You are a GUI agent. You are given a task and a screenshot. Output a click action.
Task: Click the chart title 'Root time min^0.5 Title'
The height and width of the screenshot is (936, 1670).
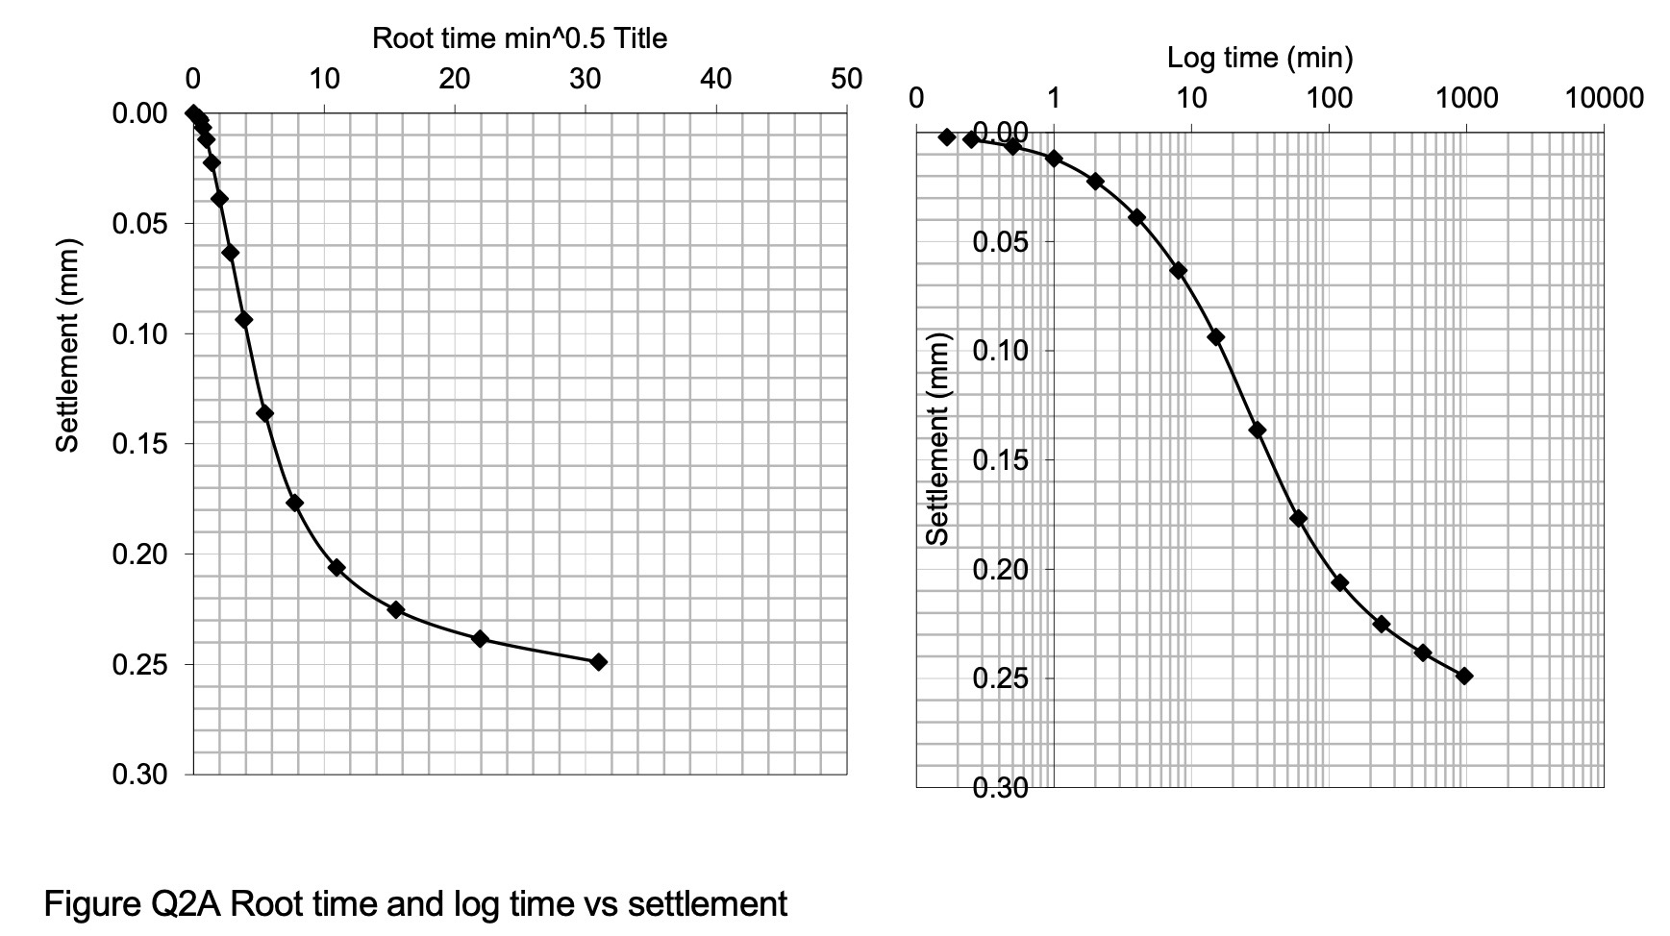519,38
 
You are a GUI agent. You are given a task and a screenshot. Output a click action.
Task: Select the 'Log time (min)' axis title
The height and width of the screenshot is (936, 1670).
1259,59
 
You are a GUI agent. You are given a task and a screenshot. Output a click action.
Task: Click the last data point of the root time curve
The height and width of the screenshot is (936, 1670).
598,661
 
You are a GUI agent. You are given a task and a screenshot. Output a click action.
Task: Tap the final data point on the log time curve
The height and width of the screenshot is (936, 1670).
1464,676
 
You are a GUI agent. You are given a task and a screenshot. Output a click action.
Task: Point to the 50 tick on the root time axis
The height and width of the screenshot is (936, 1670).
846,80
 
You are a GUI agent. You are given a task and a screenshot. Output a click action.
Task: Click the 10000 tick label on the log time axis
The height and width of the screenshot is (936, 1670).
1604,98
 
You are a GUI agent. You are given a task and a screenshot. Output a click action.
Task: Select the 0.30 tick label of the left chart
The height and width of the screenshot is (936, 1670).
139,775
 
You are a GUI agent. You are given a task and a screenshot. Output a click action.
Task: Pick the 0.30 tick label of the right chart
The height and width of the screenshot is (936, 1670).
1000,789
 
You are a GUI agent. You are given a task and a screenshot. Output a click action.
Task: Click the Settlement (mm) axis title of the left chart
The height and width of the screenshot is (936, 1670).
66,343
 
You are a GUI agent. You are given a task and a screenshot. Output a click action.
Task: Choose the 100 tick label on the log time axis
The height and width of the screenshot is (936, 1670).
1329,98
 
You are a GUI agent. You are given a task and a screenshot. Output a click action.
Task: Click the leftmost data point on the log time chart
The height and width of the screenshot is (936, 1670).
947,136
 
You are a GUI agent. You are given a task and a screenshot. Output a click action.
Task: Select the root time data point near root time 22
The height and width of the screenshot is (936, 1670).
480,638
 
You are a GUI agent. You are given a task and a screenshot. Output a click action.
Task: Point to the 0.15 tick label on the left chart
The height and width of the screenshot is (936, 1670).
139,444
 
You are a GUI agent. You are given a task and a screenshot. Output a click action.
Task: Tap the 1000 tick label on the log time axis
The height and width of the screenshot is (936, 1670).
1466,98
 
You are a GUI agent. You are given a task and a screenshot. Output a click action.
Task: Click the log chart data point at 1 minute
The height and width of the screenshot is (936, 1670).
1054,158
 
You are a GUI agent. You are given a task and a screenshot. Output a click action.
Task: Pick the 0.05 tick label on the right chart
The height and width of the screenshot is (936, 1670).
1000,241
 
